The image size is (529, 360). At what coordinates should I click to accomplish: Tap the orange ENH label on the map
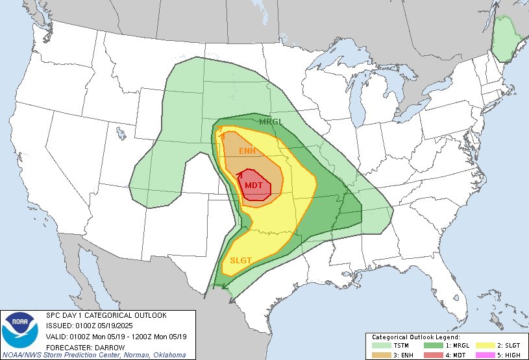click(x=247, y=151)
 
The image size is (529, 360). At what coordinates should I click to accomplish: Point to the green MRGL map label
click(x=270, y=122)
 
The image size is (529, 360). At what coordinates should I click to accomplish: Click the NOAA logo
click(x=20, y=330)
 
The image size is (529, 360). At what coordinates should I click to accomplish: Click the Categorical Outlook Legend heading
click(x=415, y=337)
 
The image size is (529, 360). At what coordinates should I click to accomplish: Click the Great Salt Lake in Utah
click(x=121, y=134)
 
